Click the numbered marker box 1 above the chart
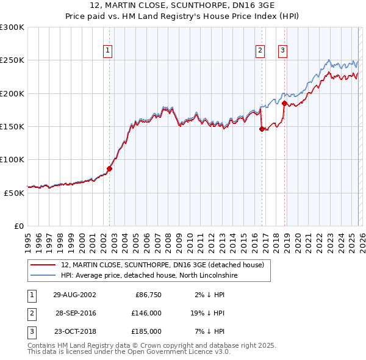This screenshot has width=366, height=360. tap(107, 51)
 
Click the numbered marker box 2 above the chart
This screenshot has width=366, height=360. tap(260, 51)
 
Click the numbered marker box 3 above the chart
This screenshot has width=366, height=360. tap(283, 51)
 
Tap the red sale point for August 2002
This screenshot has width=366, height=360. tap(110, 168)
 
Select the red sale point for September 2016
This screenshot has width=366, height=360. tap(262, 129)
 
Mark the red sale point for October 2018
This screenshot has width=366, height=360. tap(284, 104)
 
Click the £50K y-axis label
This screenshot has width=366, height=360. tap(14, 193)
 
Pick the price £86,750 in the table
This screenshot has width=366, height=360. tap(148, 295)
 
